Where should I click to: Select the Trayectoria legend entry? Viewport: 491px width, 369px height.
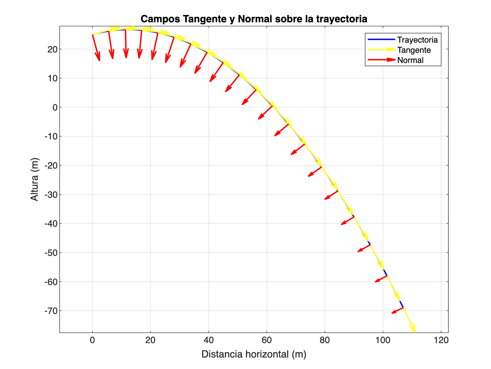pyautogui.click(x=417, y=40)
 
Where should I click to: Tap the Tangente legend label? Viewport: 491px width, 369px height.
pyautogui.click(x=414, y=50)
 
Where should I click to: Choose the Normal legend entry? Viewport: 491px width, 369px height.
pyautogui.click(x=410, y=60)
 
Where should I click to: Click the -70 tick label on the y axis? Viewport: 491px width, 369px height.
pyautogui.click(x=50, y=311)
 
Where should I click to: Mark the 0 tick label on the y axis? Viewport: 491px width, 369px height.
pyautogui.click(x=55, y=107)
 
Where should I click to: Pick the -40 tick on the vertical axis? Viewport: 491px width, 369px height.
pyautogui.click(x=50, y=223)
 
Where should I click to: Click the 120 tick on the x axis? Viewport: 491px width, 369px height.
pyautogui.click(x=441, y=340)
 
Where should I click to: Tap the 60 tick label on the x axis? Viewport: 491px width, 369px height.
pyautogui.click(x=266, y=340)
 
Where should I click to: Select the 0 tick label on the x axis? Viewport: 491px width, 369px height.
pyautogui.click(x=92, y=340)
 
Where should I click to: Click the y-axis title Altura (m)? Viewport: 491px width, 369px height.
pyautogui.click(x=34, y=179)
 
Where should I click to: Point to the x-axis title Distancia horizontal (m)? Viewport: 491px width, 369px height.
pyautogui.click(x=254, y=354)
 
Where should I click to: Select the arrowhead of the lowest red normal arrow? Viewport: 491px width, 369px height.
pyautogui.click(x=393, y=312)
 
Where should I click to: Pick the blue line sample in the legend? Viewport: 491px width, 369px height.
pyautogui.click(x=381, y=39)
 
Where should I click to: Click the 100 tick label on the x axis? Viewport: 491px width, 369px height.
pyautogui.click(x=383, y=340)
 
